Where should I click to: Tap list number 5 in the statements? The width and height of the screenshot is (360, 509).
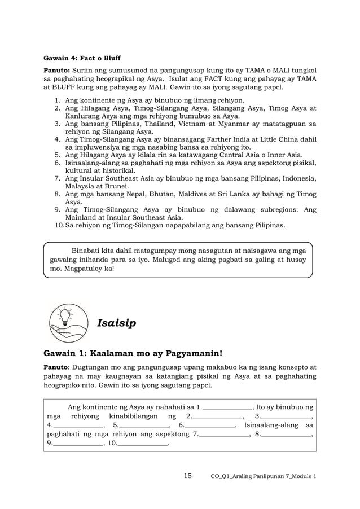point(57,155)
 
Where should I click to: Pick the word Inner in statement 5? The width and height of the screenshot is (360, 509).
point(280,155)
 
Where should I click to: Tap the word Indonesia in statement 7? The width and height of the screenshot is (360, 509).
point(293,178)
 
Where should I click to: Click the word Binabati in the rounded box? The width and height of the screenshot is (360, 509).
point(87,250)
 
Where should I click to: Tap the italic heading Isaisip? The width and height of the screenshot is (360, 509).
point(116,323)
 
